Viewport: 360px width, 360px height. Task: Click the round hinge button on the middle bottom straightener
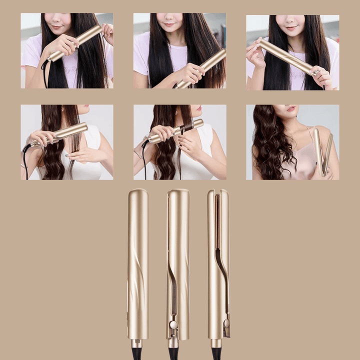173,324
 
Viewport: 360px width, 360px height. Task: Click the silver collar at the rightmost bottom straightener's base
216,343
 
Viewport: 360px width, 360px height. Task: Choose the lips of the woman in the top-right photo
290,28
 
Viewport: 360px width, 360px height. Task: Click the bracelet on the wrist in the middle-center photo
138,154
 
